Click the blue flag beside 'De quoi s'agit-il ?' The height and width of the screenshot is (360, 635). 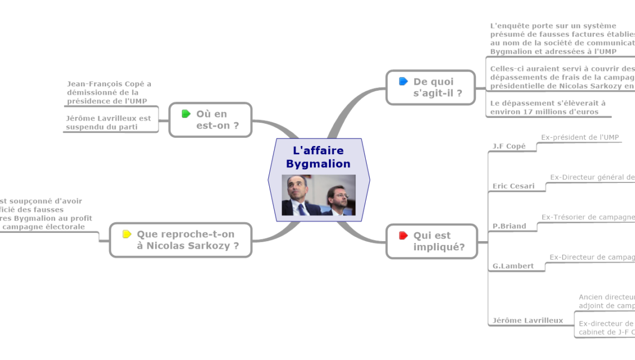pyautogui.click(x=403, y=81)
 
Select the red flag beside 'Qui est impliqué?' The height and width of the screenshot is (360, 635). pyautogui.click(x=403, y=236)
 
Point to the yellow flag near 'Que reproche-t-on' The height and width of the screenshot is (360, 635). pyautogui.click(x=126, y=235)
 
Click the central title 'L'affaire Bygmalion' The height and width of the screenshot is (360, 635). pyautogui.click(x=318, y=157)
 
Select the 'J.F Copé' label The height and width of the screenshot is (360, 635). pyautogui.click(x=509, y=146)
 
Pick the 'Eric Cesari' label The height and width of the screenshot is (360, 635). pyautogui.click(x=513, y=186)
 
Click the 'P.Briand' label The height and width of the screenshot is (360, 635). pyautogui.click(x=509, y=226)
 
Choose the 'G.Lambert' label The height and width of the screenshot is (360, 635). pyautogui.click(x=512, y=266)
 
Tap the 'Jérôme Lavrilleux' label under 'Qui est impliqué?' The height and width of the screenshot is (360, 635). pyautogui.click(x=527, y=320)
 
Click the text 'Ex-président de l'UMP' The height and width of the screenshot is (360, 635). pyautogui.click(x=580, y=137)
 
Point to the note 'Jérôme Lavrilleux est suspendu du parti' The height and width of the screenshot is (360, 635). pyautogui.click(x=109, y=123)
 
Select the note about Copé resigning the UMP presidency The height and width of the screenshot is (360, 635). pyautogui.click(x=109, y=92)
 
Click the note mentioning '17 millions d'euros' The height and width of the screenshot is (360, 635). pyautogui.click(x=548, y=108)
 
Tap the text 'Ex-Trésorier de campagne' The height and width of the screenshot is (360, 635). pyautogui.click(x=588, y=217)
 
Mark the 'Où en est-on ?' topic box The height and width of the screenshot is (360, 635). pyautogui.click(x=211, y=119)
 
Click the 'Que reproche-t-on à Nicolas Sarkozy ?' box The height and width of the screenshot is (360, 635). pyautogui.click(x=181, y=239)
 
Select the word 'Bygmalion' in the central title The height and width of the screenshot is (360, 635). pyautogui.click(x=318, y=163)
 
